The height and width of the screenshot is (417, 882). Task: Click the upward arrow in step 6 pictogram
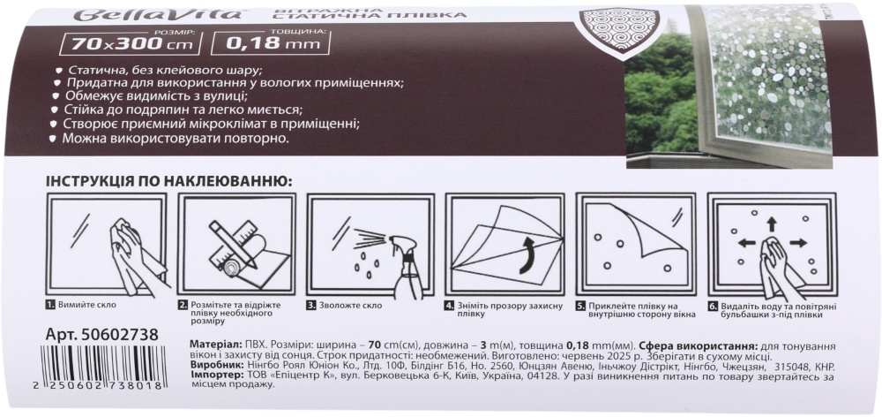point(771,224)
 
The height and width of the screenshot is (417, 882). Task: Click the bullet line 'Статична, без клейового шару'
point(165,69)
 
